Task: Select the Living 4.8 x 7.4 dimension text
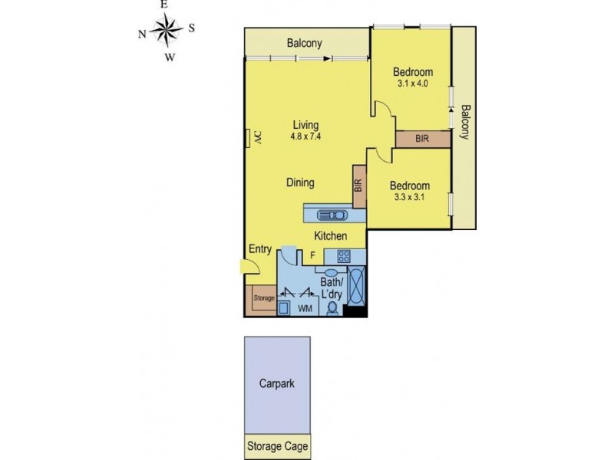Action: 305,136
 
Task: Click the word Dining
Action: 300,182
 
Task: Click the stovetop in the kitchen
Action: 341,256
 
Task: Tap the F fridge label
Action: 312,255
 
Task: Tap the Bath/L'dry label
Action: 333,289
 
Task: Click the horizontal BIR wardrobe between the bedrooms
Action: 422,139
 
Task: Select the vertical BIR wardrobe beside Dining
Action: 358,185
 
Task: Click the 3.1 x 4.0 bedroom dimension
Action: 411,84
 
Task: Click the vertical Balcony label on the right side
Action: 464,122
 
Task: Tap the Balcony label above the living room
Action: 304,44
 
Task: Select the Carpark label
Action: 276,384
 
